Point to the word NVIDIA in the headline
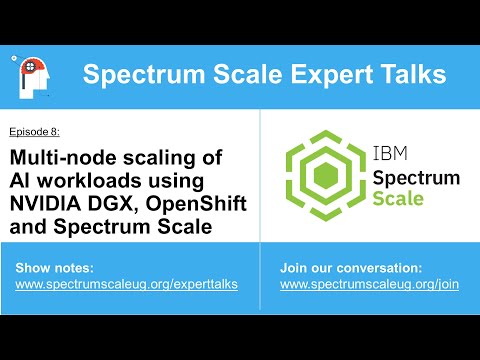[50, 204]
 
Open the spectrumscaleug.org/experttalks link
[127, 285]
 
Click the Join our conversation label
[351, 268]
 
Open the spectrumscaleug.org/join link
[369, 285]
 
